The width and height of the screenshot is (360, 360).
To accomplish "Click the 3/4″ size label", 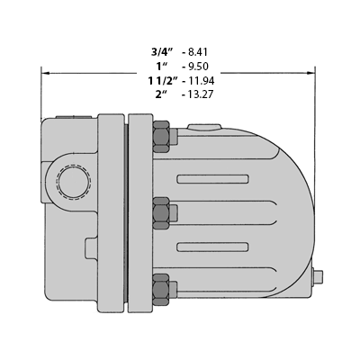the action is point(162,52).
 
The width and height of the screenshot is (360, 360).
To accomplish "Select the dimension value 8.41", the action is point(198,52).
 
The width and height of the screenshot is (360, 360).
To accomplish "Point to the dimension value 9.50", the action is point(198,66).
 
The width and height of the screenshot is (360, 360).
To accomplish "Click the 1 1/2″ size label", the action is point(163,80).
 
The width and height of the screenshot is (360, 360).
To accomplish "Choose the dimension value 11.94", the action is point(202,80).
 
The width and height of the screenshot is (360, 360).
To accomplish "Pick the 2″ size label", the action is point(161,94).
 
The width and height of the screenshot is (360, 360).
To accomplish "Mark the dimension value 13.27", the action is point(201,94).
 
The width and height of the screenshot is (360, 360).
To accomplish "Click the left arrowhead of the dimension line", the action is point(45,73).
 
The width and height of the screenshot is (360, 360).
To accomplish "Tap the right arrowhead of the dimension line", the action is point(310,73).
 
